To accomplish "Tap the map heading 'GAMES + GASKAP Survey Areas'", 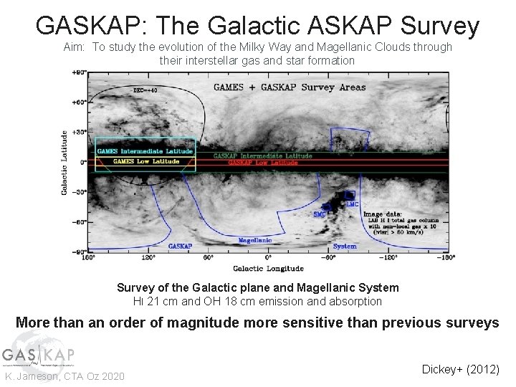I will (290, 87).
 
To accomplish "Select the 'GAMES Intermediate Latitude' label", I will (145, 151).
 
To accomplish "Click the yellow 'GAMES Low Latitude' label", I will (146, 161).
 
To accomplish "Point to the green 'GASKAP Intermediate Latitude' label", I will (262, 156).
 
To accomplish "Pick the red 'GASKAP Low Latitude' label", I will (262, 163).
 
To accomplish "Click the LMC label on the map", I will (353, 204).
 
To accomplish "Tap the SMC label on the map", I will (320, 214).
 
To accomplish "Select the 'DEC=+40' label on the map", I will (146, 90).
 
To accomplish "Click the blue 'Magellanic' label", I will (255, 240).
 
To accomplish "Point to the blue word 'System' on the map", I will (345, 246).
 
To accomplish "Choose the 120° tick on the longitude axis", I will (148, 257).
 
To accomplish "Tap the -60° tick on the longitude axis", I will (328, 257).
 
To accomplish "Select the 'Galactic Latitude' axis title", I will (65, 162).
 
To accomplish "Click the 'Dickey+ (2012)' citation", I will (460, 369).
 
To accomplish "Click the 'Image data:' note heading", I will (383, 214).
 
